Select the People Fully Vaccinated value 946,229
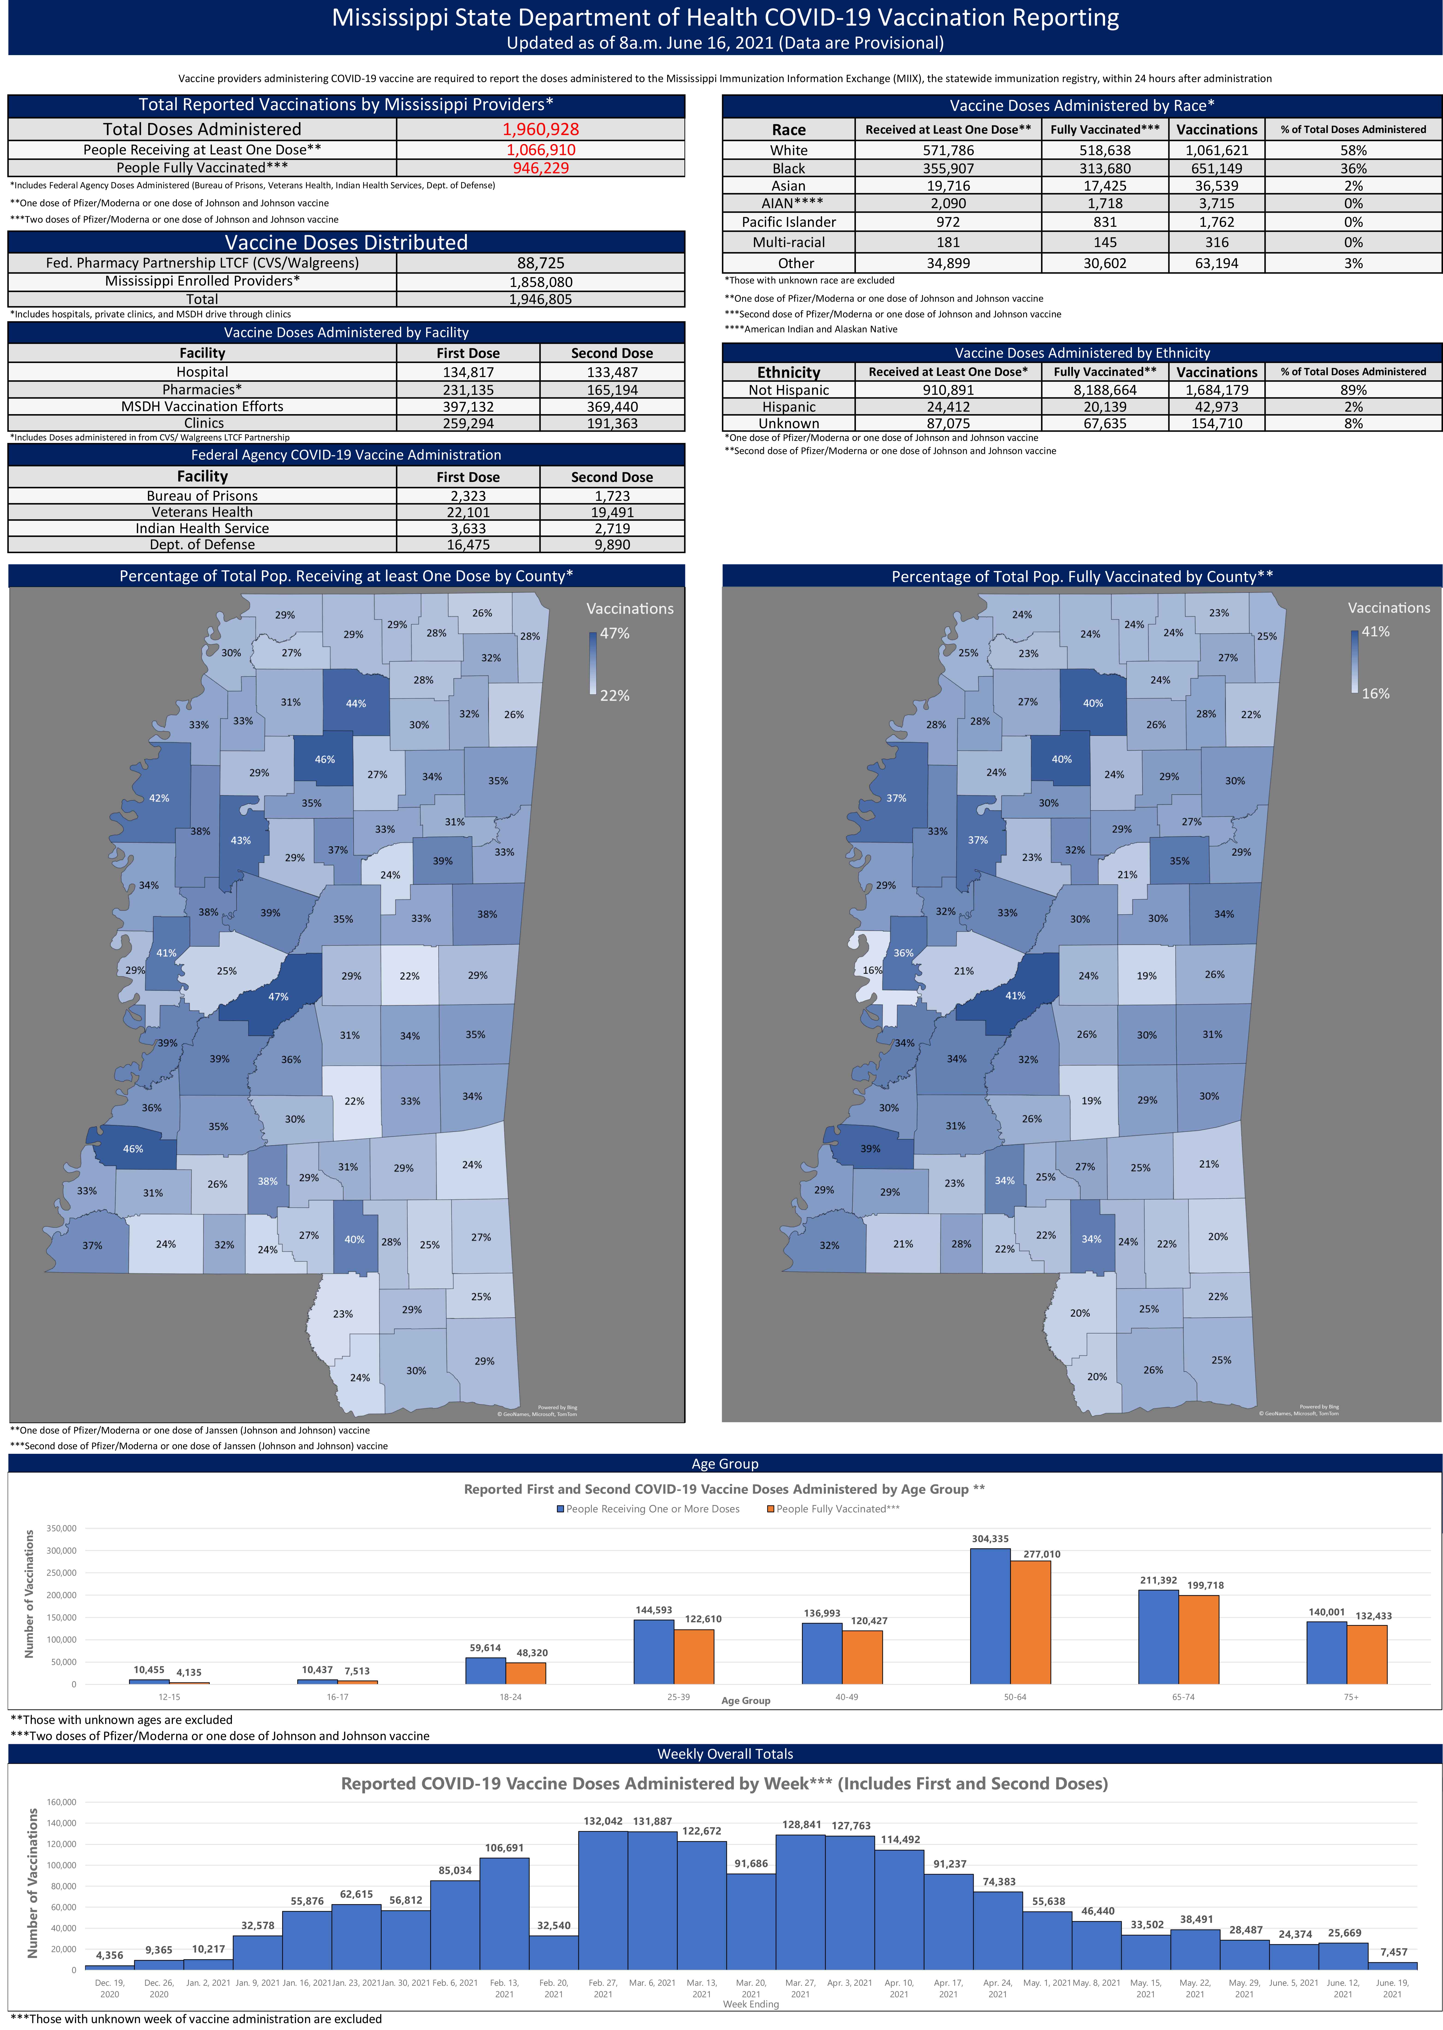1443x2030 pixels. (x=540, y=168)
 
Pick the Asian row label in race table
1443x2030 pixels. (x=788, y=186)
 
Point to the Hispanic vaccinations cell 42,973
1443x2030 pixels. (x=1216, y=407)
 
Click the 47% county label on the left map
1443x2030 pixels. (x=278, y=997)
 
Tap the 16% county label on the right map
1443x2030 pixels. (x=872, y=970)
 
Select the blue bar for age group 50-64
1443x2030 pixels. (x=990, y=1616)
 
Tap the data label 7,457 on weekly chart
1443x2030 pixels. (x=1393, y=1952)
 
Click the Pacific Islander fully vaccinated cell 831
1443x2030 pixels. (x=1104, y=222)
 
